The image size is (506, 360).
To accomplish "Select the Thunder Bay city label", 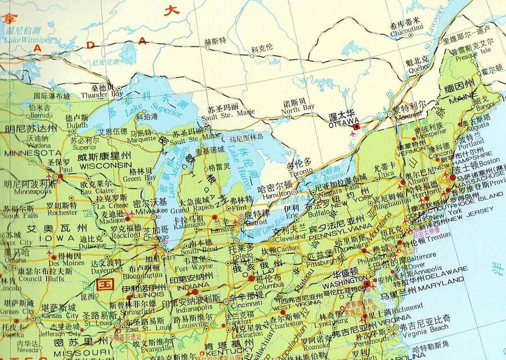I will point(96,95).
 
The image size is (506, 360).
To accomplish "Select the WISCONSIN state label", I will point(105,165).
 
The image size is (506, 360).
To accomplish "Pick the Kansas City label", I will point(60,316).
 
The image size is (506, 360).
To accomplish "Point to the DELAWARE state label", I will point(448,269).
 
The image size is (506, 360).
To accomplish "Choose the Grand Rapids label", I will point(186,210).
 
